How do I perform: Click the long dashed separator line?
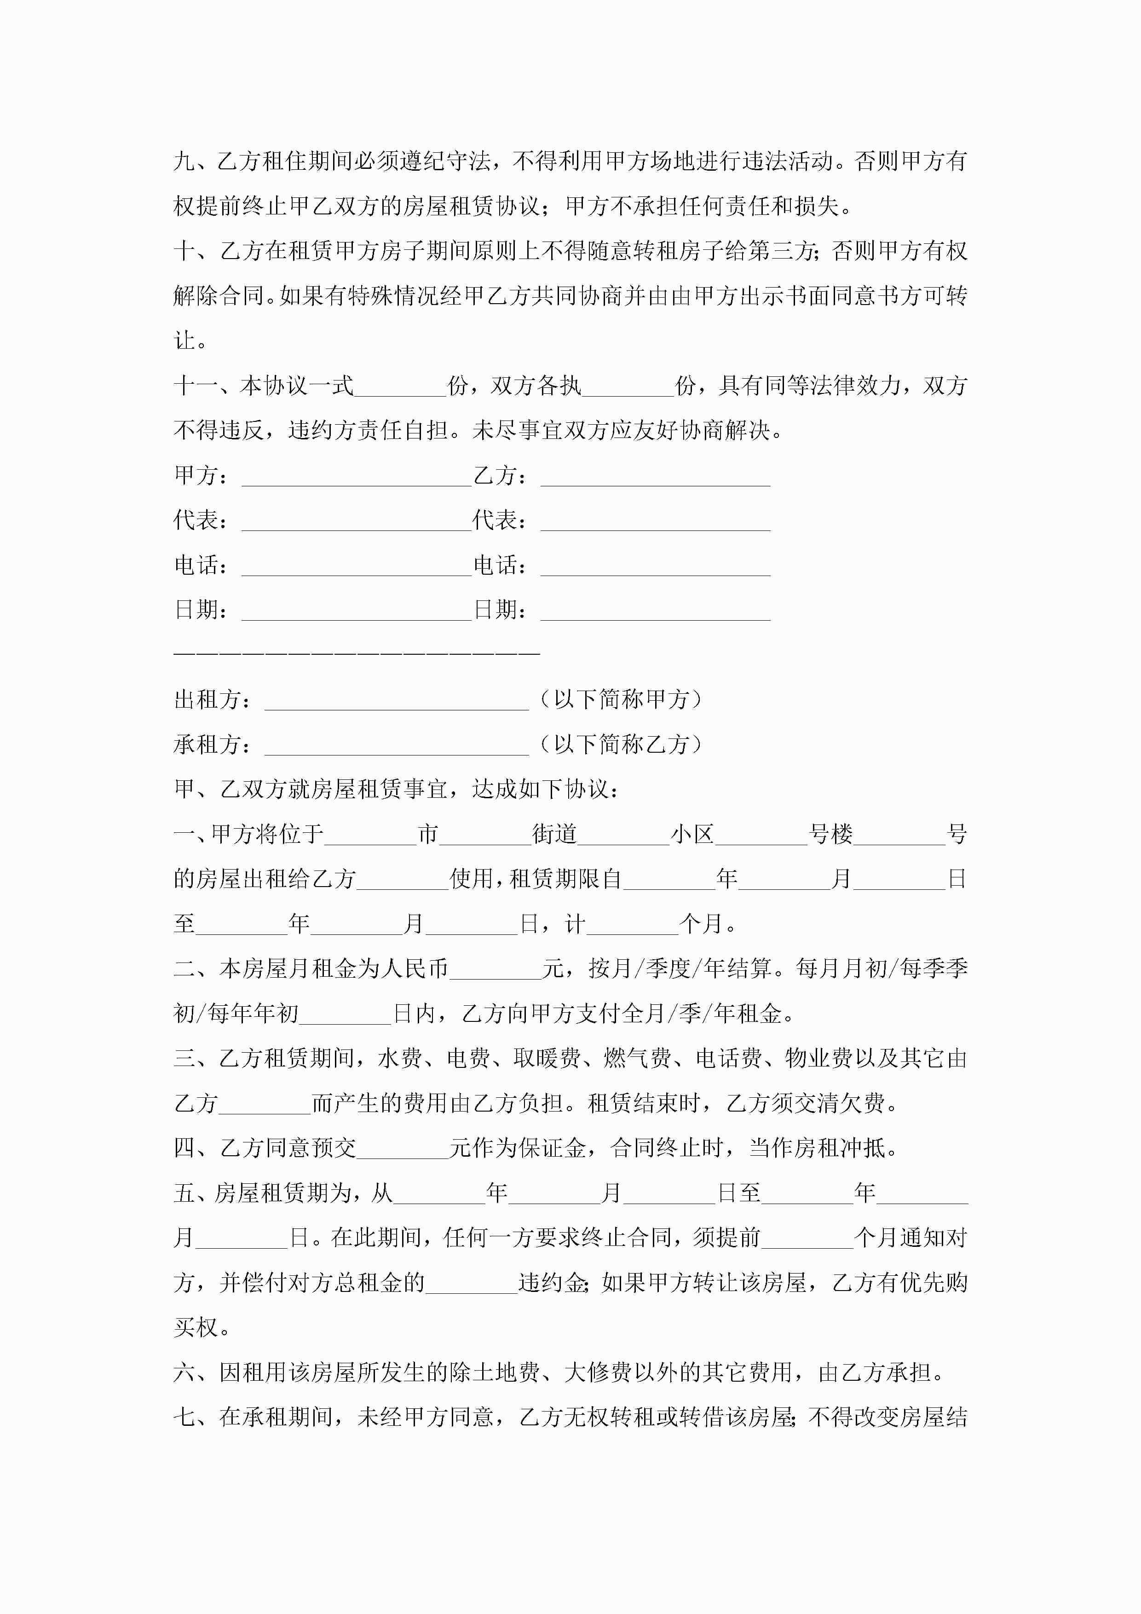tap(357, 653)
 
